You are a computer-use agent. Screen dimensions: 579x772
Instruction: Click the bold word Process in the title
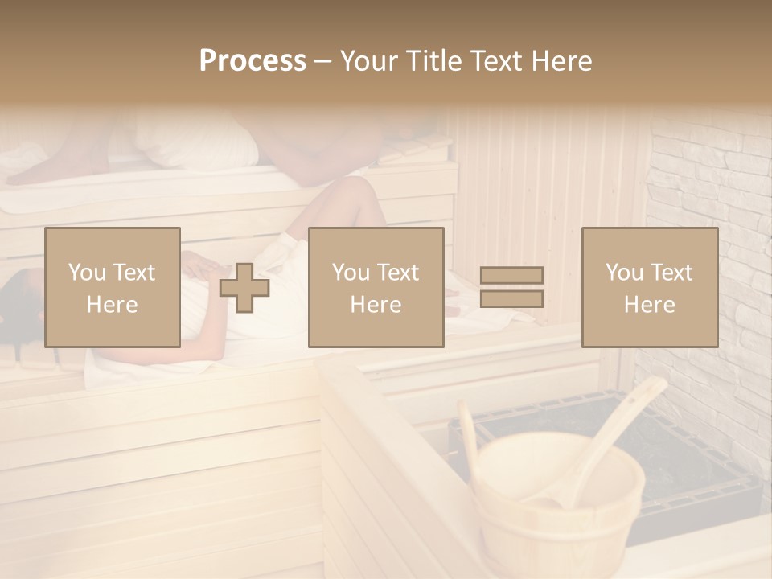253,61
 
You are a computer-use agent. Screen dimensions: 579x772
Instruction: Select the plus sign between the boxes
244,287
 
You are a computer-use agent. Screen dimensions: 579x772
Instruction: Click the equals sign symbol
511,287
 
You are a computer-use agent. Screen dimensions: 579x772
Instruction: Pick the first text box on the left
112,287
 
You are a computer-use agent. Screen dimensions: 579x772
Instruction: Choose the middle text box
376,287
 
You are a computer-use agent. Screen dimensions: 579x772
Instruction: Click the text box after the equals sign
649,287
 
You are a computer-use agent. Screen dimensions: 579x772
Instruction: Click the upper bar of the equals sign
511,275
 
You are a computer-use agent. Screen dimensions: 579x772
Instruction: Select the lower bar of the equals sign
511,299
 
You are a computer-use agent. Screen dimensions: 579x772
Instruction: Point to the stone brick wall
708,185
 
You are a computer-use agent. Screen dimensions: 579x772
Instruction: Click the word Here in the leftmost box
112,304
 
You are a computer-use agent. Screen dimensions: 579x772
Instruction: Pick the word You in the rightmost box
622,273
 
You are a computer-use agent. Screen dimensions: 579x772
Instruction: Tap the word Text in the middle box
397,273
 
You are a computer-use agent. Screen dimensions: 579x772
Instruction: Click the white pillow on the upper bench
193,141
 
